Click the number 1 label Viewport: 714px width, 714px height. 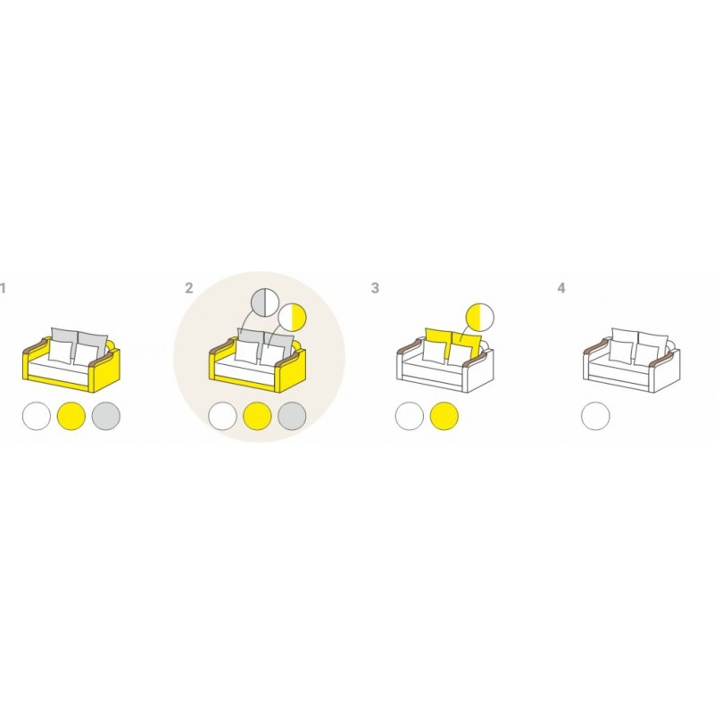3,288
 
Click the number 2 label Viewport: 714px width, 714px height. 189,287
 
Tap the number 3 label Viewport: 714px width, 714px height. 375,287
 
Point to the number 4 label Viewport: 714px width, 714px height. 561,287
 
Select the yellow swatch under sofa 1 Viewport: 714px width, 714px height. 71,416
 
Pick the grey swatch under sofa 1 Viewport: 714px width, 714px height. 106,416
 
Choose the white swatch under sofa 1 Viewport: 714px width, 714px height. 37,416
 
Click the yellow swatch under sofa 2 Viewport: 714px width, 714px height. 257,416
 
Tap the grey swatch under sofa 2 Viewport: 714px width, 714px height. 292,416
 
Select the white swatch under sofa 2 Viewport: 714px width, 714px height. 222,416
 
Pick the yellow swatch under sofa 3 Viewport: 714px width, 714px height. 444,416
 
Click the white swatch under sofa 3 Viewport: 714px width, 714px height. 410,416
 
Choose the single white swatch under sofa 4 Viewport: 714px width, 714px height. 595,416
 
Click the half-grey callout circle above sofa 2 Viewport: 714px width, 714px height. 265,303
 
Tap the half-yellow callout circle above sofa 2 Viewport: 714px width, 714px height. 293,317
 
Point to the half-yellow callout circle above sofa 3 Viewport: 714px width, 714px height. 479,317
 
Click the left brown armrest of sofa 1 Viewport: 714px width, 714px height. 36,346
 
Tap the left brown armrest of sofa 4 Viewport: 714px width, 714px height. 596,346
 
